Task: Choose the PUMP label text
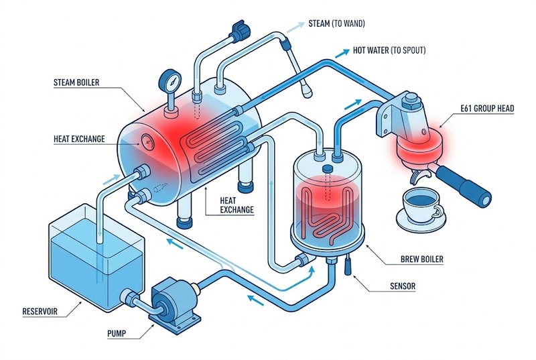pos(120,333)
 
